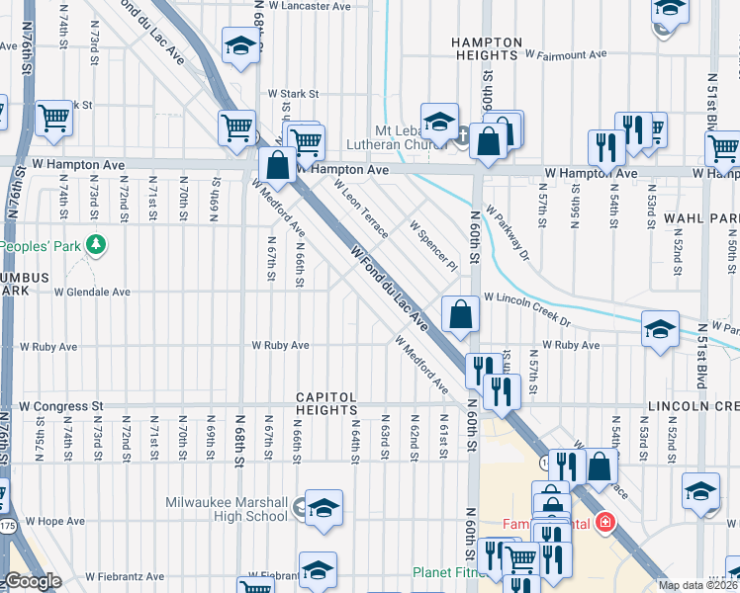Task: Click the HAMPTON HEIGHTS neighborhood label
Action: (486, 49)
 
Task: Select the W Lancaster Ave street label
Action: (312, 6)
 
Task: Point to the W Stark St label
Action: (293, 95)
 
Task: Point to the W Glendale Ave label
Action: (92, 293)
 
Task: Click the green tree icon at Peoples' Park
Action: (95, 243)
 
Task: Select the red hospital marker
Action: (603, 521)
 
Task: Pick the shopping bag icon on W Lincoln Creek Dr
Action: (460, 314)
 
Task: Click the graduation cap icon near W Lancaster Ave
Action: (239, 45)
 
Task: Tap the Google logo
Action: (33, 581)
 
